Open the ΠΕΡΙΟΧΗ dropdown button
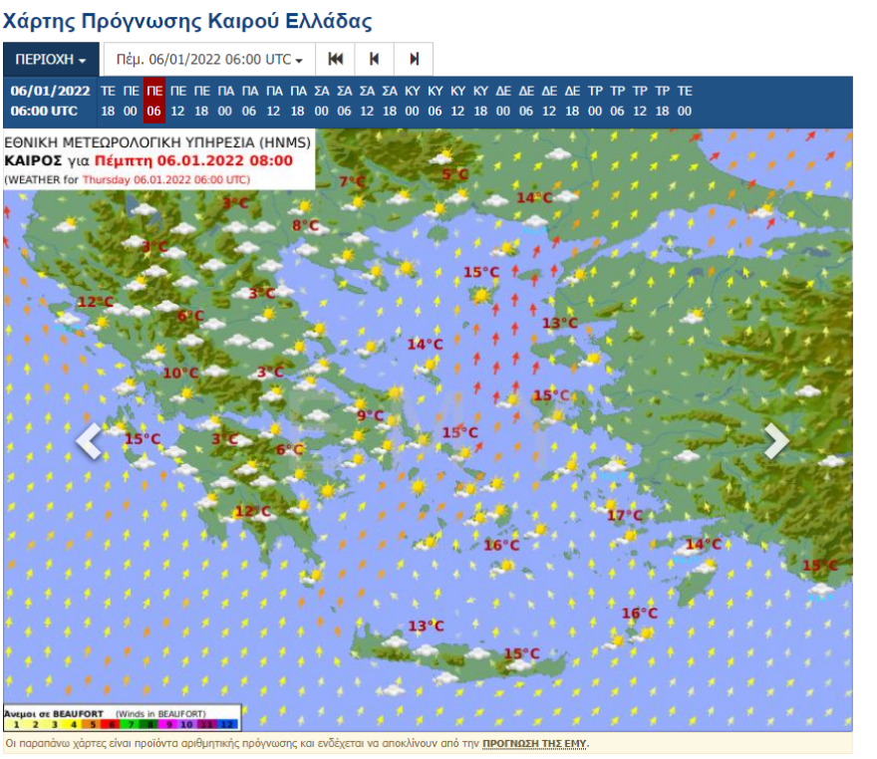[51, 60]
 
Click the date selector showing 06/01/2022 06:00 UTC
[209, 60]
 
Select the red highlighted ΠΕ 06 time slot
[153, 101]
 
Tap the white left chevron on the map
[89, 440]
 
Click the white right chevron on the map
[776, 440]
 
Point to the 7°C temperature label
[352, 181]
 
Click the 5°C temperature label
[454, 175]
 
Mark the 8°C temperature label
[305, 226]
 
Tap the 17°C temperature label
[625, 515]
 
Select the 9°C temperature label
[371, 415]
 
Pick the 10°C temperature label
[180, 373]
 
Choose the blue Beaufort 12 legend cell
[227, 723]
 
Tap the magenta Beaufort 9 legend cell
[170, 723]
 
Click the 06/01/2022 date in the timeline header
[50, 91]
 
